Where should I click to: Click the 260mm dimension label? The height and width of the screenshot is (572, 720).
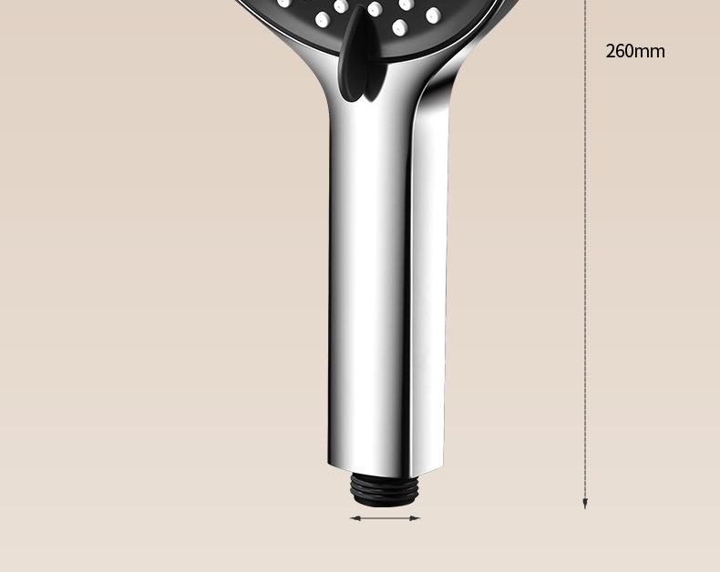635,51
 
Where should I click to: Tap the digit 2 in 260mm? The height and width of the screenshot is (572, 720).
612,51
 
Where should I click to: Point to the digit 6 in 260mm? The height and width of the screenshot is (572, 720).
621,51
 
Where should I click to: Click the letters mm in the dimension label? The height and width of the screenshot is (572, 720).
651,52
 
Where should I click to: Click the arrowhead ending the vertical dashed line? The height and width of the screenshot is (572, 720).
584,504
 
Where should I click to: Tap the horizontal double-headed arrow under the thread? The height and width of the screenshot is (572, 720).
385,518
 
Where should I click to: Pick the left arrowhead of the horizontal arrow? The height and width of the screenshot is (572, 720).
355,518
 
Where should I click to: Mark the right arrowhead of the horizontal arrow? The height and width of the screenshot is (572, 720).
415,518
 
